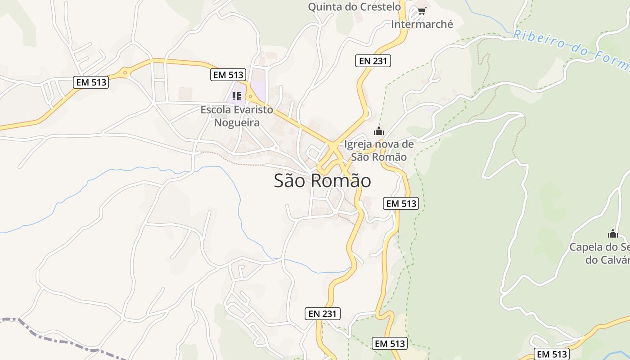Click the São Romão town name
click(x=322, y=181)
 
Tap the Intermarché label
click(x=422, y=24)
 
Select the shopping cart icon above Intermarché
click(x=422, y=11)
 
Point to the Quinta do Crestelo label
click(x=354, y=7)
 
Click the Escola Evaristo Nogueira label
click(x=237, y=116)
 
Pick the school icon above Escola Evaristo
click(x=237, y=96)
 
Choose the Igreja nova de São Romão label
click(x=378, y=151)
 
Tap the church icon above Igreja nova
click(x=379, y=131)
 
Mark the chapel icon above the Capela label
click(x=612, y=234)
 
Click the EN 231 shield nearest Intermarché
click(x=373, y=61)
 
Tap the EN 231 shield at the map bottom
click(x=323, y=314)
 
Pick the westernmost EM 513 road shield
click(x=91, y=82)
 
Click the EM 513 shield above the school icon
click(x=228, y=75)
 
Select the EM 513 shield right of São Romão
click(x=401, y=203)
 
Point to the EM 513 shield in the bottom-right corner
click(x=551, y=354)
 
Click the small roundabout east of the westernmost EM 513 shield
click(x=125, y=72)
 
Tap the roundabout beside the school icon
click(x=251, y=96)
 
